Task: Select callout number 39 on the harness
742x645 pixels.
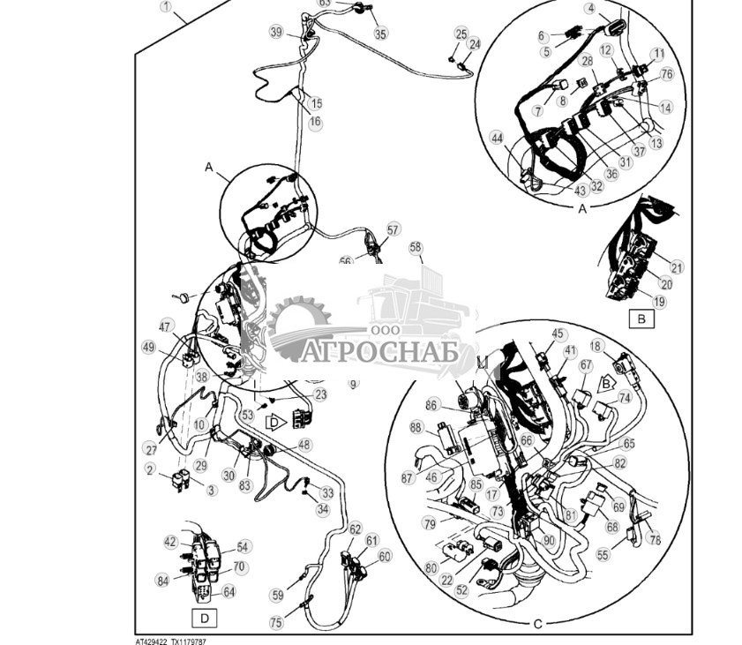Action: (x=276, y=33)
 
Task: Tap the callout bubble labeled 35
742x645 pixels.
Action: (x=380, y=34)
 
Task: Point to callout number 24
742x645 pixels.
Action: (x=475, y=43)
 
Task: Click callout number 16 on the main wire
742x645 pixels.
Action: (x=315, y=121)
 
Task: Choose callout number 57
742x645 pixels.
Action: (x=393, y=229)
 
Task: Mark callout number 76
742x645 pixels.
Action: (x=666, y=74)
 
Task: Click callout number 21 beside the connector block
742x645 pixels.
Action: (x=677, y=267)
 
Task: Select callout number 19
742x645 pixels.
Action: (x=659, y=301)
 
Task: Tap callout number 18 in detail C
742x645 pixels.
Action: (x=621, y=346)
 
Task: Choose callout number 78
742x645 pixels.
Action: (x=654, y=539)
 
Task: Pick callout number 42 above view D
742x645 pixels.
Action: (x=171, y=542)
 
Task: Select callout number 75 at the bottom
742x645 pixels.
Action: (x=276, y=622)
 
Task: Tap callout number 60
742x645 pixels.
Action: (x=385, y=557)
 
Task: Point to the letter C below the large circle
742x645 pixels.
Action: (x=537, y=624)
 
